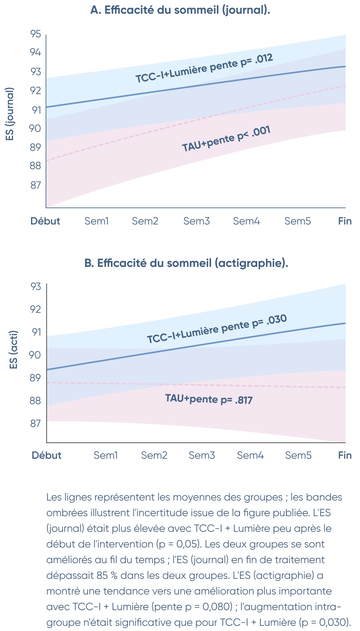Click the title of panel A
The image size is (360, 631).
pos(180,10)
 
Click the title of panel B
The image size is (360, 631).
pos(186,263)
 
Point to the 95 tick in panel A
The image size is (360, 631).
pos(36,34)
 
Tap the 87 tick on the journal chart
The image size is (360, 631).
pos(36,185)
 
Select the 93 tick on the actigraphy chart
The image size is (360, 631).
pos(36,286)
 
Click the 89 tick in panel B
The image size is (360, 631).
pos(36,378)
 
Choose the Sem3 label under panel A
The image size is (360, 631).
pos(196,221)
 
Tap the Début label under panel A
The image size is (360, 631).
pos(45,221)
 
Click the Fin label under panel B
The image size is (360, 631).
pos(345,455)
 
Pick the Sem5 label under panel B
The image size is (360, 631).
pos(298,455)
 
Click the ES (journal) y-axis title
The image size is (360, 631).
pos(10,114)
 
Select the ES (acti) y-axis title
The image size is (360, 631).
pos(13,350)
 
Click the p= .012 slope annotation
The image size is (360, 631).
pos(256,60)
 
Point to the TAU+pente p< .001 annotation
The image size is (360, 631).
pos(226,138)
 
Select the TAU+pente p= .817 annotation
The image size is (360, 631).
pos(209,399)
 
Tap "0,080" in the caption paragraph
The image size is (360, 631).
pos(217,607)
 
